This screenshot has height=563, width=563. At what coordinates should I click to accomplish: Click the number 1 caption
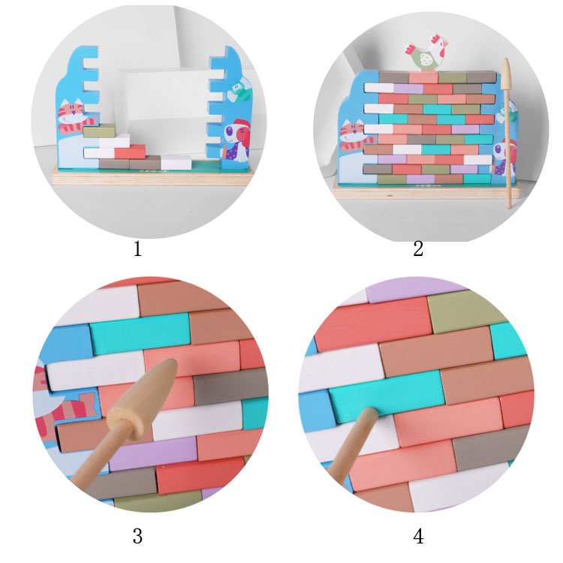tap(137, 248)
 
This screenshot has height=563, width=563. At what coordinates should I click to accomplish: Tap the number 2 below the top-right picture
tap(418, 248)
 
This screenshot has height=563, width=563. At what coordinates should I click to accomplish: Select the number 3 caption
tap(137, 537)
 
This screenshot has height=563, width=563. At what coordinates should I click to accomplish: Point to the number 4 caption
tap(418, 537)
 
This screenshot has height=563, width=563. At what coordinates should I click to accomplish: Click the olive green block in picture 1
tap(99, 131)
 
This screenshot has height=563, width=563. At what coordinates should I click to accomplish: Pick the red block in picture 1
tap(130, 152)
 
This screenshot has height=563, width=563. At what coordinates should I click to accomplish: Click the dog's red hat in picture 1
tap(242, 125)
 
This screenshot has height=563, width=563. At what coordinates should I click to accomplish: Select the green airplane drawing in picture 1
tap(239, 91)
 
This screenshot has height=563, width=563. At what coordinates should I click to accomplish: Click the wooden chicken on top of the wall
tap(427, 53)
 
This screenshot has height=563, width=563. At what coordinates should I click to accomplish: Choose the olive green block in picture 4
tap(463, 310)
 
